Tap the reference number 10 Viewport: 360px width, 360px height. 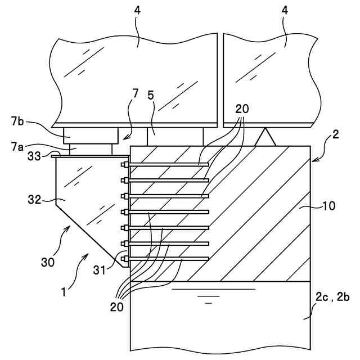[328, 206]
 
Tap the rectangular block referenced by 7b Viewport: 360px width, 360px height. [91, 135]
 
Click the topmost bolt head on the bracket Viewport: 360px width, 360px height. [124, 165]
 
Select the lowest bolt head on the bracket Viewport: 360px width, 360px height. [124, 259]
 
